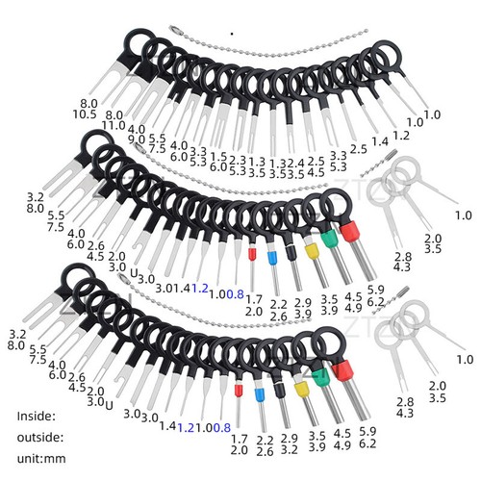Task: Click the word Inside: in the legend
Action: pyautogui.click(x=37, y=416)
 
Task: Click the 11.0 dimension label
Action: pyautogui.click(x=114, y=125)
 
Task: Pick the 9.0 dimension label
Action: pyautogui.click(x=138, y=139)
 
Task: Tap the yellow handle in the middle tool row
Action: pyautogui.click(x=312, y=249)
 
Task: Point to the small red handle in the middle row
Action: pyautogui.click(x=252, y=256)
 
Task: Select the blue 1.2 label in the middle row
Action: pyautogui.click(x=200, y=288)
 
